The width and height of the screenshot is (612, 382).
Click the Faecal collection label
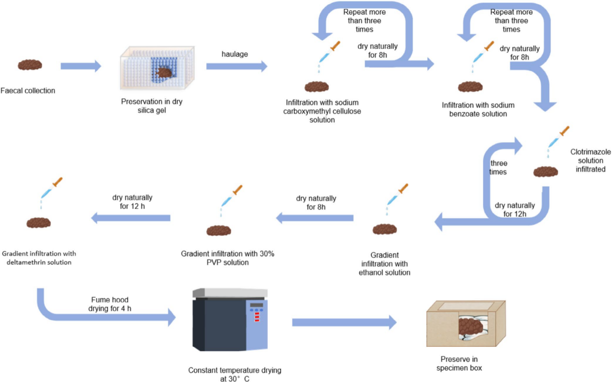coord(28,90)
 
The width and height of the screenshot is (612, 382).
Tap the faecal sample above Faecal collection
coord(30,65)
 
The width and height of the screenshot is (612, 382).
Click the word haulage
coord(235,54)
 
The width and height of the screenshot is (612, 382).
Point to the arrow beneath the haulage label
coord(236,66)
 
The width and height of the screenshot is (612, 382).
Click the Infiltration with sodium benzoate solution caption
coord(478,109)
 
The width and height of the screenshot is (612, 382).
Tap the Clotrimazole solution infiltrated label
coord(590,160)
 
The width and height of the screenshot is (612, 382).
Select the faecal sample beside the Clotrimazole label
coord(546,171)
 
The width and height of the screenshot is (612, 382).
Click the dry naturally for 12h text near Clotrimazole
coord(515,210)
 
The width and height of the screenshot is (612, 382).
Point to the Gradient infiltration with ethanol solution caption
coord(384,263)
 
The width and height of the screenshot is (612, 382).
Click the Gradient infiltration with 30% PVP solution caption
coord(228,258)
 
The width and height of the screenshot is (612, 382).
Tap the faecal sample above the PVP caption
coord(219,231)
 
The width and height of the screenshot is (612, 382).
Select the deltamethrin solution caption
coord(39,258)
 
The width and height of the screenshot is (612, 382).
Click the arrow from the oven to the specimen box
coord(344,323)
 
